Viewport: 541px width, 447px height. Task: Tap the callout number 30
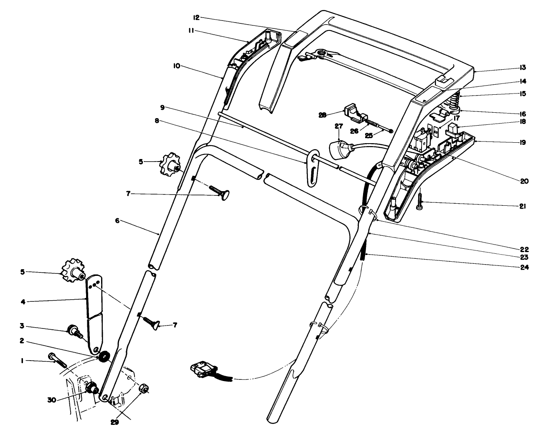(x=52, y=399)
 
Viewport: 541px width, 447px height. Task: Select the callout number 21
(x=523, y=206)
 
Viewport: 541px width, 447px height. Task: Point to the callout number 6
(x=118, y=220)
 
